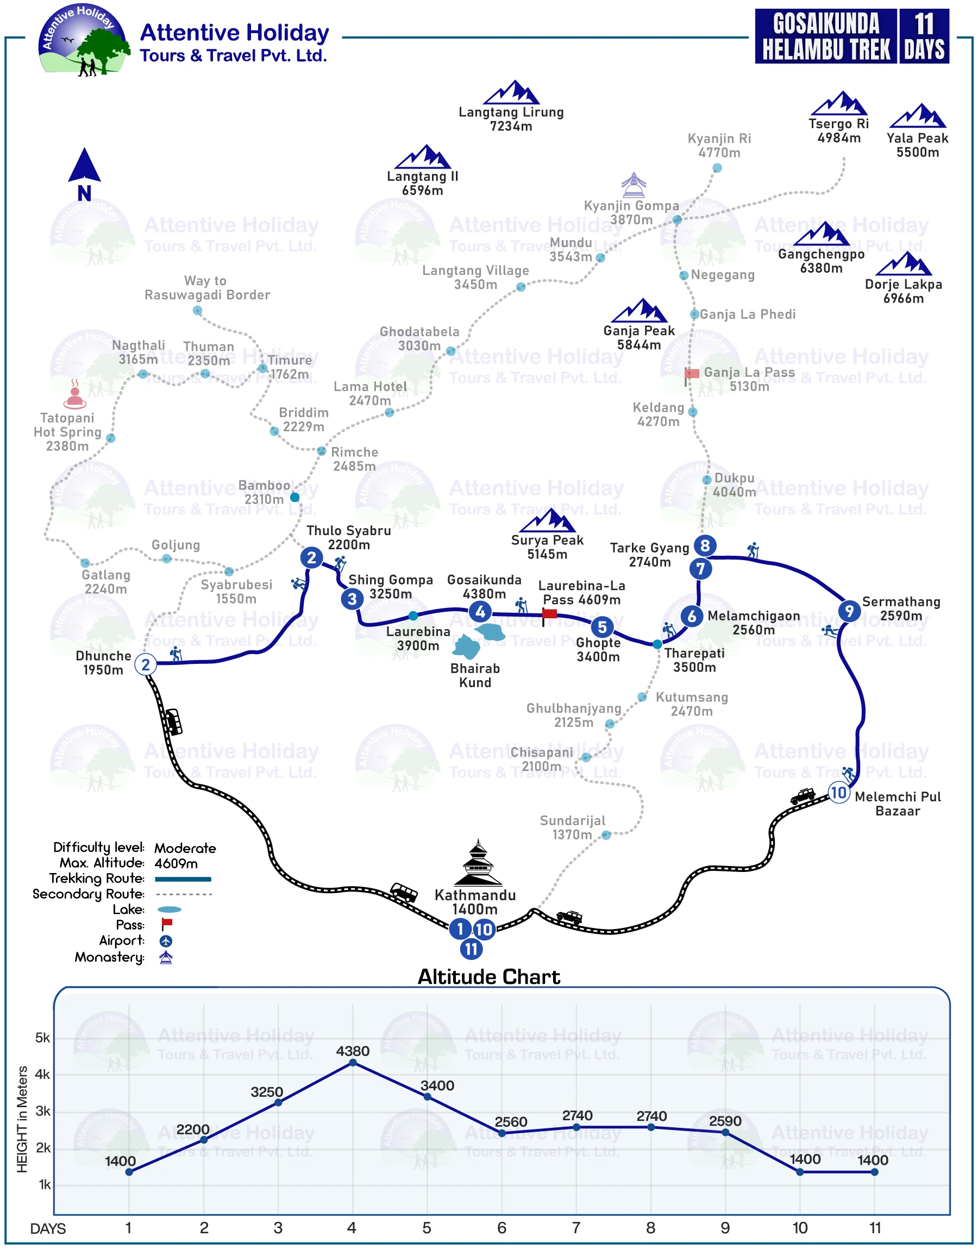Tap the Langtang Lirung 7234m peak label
tap(511, 119)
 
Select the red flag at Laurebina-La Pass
tap(549, 614)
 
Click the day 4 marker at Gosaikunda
tap(480, 612)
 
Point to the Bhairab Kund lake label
tap(475, 675)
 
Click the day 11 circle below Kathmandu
tap(471, 949)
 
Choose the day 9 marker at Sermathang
tap(849, 611)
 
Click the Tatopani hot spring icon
tap(75, 394)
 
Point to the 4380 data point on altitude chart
tap(353, 1063)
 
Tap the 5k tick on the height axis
tap(43, 1038)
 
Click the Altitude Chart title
tap(488, 976)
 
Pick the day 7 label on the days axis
tap(576, 1228)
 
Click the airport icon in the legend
tap(166, 940)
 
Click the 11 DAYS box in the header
tap(924, 36)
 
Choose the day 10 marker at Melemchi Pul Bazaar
tap(838, 793)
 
